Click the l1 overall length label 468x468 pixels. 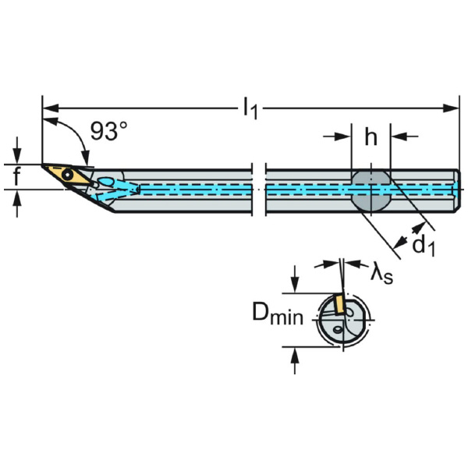point(250,109)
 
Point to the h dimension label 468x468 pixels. point(370,137)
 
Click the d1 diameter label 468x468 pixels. point(423,246)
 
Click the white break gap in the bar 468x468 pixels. point(259,190)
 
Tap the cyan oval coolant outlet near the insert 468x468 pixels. point(110,183)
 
